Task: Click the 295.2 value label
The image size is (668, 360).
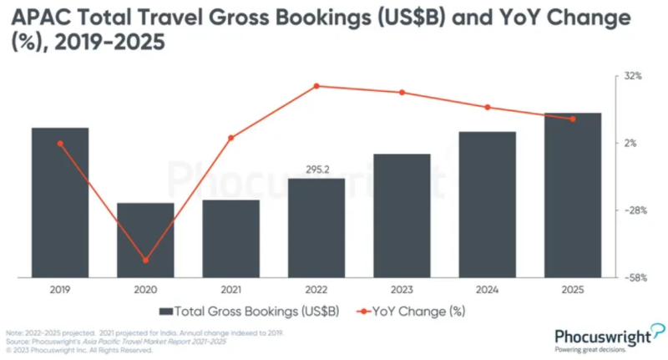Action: coord(316,169)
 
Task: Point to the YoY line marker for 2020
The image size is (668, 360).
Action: coord(145,261)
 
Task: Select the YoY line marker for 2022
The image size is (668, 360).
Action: coord(316,86)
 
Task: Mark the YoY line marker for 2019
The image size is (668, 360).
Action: coord(60,144)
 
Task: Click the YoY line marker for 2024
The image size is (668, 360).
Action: coord(487,107)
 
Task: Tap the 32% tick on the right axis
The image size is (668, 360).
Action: coord(632,76)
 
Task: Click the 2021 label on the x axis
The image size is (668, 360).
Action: coord(230,289)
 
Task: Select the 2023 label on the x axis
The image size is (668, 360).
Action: coord(402,289)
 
